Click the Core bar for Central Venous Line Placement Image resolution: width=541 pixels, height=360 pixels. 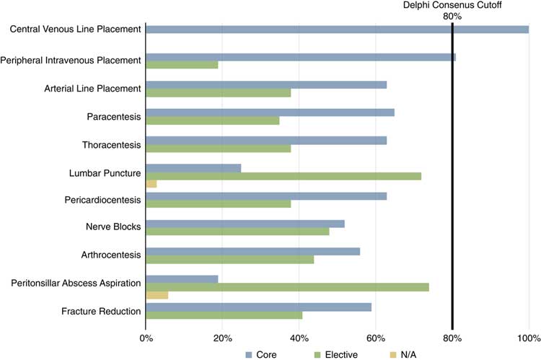tap(337, 30)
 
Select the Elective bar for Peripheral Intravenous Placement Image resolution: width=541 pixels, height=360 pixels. tap(182, 65)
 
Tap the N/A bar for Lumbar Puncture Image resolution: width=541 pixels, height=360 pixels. tap(151, 185)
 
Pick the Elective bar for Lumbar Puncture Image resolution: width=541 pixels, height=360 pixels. tap(283, 176)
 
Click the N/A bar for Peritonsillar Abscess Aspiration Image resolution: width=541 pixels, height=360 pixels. tap(157, 295)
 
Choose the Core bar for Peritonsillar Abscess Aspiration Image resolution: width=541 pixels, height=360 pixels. tap(182, 278)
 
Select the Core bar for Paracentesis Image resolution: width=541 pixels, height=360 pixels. tap(270, 113)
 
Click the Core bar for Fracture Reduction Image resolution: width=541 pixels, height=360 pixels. tap(258, 307)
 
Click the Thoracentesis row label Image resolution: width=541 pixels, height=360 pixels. tap(111, 144)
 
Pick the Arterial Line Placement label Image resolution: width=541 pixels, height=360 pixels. tap(91, 89)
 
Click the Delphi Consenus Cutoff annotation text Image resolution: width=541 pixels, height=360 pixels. tap(452, 5)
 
